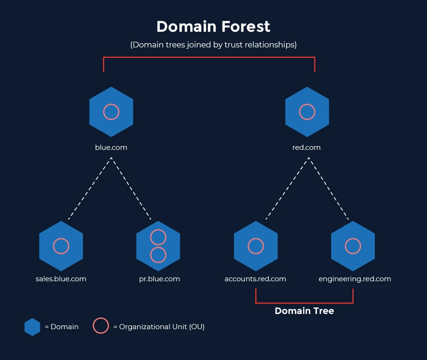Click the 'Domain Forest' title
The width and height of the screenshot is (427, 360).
[x=213, y=27]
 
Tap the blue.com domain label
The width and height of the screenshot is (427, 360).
[x=111, y=148]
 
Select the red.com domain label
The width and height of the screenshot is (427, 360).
[x=306, y=148]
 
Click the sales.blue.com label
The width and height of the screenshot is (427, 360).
[x=61, y=279]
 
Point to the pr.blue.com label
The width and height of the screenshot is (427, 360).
[x=159, y=279]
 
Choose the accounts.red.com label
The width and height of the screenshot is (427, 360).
[x=255, y=279]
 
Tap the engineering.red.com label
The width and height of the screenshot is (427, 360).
[x=355, y=279]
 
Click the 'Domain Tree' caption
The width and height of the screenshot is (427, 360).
[x=305, y=311]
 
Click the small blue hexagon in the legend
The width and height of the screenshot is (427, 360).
[x=32, y=327]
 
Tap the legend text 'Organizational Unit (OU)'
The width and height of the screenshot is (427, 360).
[x=162, y=327]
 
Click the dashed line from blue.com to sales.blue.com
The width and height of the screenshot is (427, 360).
[x=90, y=188]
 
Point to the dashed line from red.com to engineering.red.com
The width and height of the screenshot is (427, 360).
[x=329, y=188]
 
